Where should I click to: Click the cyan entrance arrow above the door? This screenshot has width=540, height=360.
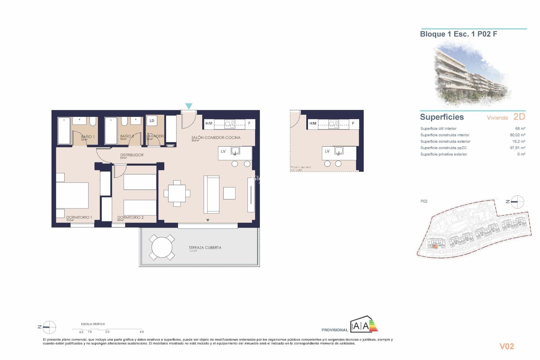coord(189,106)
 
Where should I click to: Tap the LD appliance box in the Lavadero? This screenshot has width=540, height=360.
coord(152,121)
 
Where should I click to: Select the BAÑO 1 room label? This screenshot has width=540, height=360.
coord(88,136)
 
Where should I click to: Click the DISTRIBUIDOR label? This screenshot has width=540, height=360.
coord(132,155)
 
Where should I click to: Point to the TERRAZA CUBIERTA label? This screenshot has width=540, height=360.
coord(205,247)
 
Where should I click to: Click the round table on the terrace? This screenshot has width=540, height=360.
coord(162,247)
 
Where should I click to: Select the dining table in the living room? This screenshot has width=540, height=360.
coord(177,193)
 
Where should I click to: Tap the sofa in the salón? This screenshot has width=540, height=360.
coord(211,194)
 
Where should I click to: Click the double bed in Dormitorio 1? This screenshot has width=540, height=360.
coord(72,195)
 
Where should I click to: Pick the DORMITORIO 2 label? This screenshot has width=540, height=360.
coord(130,217)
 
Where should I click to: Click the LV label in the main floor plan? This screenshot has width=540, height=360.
coord(223,151)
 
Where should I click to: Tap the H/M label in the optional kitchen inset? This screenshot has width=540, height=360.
coord(313,123)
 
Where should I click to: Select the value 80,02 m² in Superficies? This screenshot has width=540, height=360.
coord(517,135)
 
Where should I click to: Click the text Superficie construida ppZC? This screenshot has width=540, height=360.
coord(444,148)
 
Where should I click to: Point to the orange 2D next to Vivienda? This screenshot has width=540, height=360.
coord(519,117)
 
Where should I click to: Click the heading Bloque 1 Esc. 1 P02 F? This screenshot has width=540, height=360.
coord(458,34)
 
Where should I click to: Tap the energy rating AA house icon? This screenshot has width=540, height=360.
coord(363,325)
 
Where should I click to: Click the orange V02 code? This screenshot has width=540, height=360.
coord(507,346)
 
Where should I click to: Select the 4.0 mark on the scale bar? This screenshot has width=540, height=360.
coord(141,332)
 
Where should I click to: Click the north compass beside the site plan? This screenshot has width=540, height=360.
coord(517,202)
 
